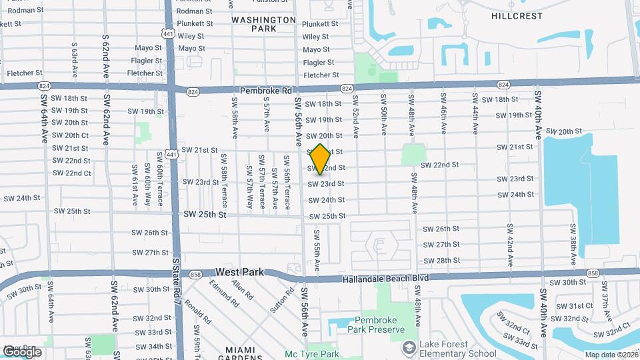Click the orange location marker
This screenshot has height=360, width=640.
coord(320,159)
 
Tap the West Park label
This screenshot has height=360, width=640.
coord(240,273)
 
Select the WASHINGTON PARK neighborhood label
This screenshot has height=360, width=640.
coord(264,24)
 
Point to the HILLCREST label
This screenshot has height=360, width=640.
coord(517,15)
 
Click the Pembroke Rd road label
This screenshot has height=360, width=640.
coord(267,91)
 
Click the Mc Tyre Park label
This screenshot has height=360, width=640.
coord(312,354)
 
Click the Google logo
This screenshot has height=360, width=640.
coord(22,351)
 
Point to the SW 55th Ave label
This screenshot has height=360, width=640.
coord(318,250)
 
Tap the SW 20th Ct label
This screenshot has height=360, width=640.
coord(70,135)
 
